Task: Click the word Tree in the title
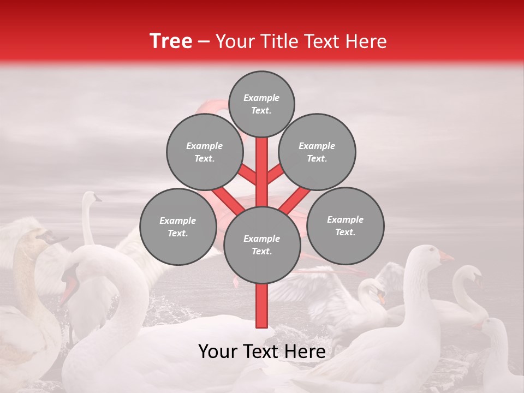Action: coord(171,41)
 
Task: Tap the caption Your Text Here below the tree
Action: coord(262,352)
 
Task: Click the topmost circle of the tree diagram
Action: coord(261,104)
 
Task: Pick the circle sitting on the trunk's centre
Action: coord(262,245)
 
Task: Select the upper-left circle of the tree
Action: coord(205,152)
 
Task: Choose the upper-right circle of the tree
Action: coord(317,152)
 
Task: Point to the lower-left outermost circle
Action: coord(178,227)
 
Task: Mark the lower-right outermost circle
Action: coord(345,225)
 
